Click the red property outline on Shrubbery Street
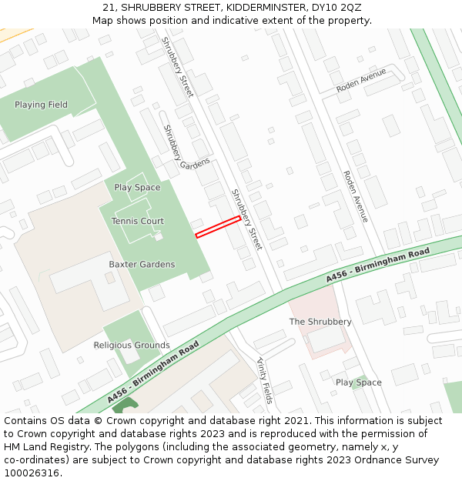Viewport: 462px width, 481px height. pos(218,227)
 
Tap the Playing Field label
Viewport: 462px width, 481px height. pos(41,105)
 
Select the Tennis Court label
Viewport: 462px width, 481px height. pos(137,221)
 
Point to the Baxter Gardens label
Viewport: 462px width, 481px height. pos(142,264)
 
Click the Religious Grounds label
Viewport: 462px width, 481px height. pos(132,345)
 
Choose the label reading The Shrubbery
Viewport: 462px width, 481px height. pos(320,321)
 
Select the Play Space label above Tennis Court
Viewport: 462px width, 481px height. pos(137,187)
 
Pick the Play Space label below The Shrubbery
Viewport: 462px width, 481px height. pos(358,382)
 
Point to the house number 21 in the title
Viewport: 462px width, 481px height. pos(108,7)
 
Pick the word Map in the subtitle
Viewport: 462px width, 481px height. pos(103,20)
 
